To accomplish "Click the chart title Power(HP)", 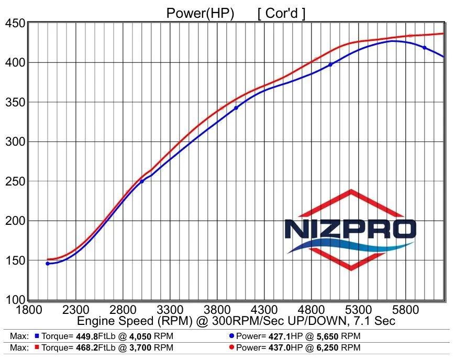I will (x=200, y=13).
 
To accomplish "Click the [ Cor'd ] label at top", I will (x=282, y=13).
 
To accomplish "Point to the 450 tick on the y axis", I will (x=15, y=24).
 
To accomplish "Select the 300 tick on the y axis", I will (x=15, y=142).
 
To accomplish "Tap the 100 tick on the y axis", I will (x=15, y=300).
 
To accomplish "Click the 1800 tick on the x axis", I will (x=29, y=309).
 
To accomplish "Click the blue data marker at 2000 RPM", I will (x=48, y=264).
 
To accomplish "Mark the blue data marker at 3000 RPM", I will (x=141, y=181).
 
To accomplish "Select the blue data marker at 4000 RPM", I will (x=236, y=108).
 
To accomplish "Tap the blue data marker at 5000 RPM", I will (x=330, y=64).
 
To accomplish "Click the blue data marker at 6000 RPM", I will (x=425, y=48).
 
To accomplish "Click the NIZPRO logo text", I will (x=350, y=229).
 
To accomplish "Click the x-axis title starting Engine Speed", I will (x=236, y=320).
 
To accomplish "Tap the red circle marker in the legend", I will (x=232, y=347).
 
